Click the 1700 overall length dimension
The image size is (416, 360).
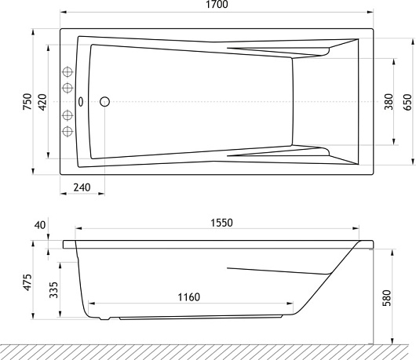(217, 5)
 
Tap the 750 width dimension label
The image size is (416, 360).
(27, 101)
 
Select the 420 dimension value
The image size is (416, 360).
(42, 102)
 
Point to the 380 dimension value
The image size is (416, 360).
(389, 102)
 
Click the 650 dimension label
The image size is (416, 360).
(408, 102)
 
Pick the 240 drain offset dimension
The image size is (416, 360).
(82, 187)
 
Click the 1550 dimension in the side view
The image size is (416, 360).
(221, 223)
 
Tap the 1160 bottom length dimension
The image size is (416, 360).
(188, 297)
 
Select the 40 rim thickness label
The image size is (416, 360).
(40, 225)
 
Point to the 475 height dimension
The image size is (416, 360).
(27, 282)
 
